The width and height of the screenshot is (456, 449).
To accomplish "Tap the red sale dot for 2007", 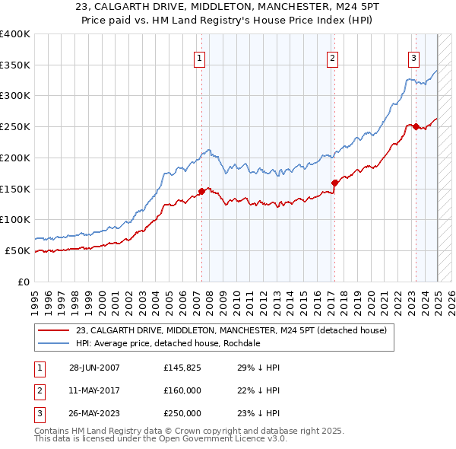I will pyautogui.click(x=202, y=191).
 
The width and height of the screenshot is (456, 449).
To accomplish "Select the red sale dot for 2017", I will pyautogui.click(x=334, y=182).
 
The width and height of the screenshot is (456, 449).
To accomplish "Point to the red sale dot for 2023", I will pyautogui.click(x=416, y=126).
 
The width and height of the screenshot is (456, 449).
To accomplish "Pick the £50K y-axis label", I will pyautogui.click(x=17, y=250).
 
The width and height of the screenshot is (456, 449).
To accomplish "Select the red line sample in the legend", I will pyautogui.click(x=54, y=330).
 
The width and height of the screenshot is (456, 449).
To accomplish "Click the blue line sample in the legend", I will pyautogui.click(x=54, y=343).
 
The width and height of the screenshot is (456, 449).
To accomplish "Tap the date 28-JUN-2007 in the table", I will pyautogui.click(x=94, y=368).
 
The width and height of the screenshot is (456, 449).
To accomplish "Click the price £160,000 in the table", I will pyautogui.click(x=182, y=390).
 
